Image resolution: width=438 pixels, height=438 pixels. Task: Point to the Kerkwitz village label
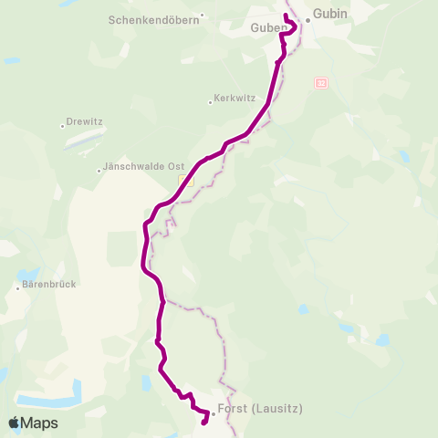(232, 99)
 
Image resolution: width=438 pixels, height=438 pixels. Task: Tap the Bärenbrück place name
(47, 284)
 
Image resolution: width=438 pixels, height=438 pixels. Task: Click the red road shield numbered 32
(320, 82)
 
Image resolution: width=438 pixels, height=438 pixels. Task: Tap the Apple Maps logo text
(39, 423)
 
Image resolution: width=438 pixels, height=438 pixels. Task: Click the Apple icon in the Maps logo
(14, 422)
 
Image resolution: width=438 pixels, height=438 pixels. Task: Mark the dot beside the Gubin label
(308, 20)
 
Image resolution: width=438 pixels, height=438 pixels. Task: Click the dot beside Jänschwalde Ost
(99, 170)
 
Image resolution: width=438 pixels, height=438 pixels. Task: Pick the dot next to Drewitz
(62, 125)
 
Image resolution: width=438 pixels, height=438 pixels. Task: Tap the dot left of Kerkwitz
(212, 100)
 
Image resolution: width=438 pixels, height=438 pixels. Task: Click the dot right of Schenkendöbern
(203, 16)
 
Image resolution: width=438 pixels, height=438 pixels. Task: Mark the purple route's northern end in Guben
(287, 16)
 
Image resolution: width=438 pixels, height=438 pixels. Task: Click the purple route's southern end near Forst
(203, 422)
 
